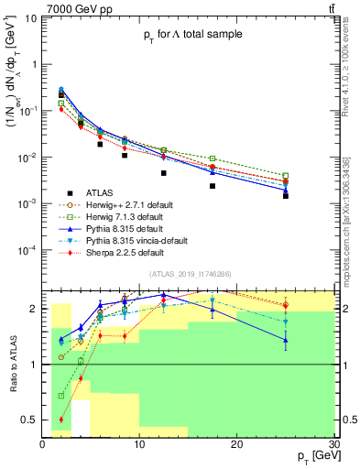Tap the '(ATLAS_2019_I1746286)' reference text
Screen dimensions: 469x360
[x=191, y=274]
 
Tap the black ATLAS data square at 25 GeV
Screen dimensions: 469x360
[x=286, y=196]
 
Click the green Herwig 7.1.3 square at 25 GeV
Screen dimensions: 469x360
[x=286, y=175]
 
